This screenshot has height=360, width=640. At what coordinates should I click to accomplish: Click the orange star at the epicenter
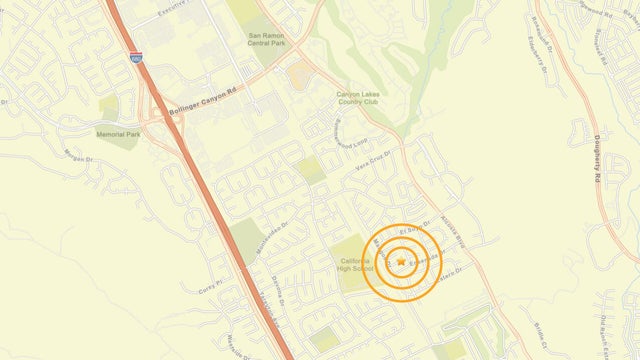coord(401,261)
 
